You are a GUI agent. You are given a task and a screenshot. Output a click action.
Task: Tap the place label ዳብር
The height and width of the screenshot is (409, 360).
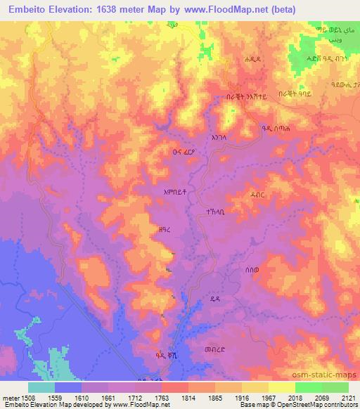[x=259, y=179]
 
